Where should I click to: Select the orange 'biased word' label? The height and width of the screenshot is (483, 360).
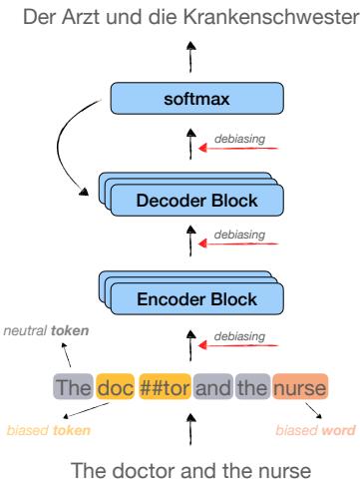[314, 430]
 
